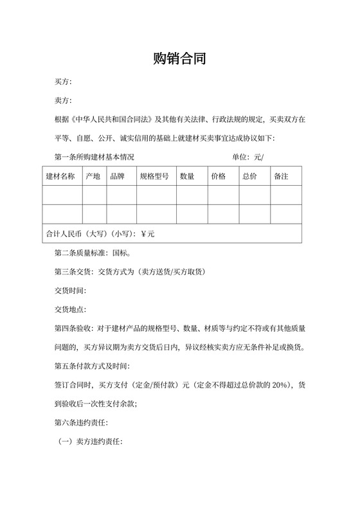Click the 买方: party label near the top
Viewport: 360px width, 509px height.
click(x=64, y=82)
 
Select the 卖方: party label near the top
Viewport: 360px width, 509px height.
click(x=64, y=101)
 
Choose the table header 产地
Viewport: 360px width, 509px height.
click(x=93, y=176)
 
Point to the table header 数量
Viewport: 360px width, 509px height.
click(x=187, y=176)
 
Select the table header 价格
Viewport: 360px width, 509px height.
click(x=218, y=176)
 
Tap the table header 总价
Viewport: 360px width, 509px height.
click(x=249, y=176)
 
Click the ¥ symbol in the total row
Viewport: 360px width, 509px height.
click(x=143, y=234)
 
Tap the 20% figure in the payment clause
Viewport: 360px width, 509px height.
click(x=281, y=385)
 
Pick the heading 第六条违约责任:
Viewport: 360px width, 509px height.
click(x=82, y=423)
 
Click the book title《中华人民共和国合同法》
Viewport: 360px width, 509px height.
click(x=113, y=120)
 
